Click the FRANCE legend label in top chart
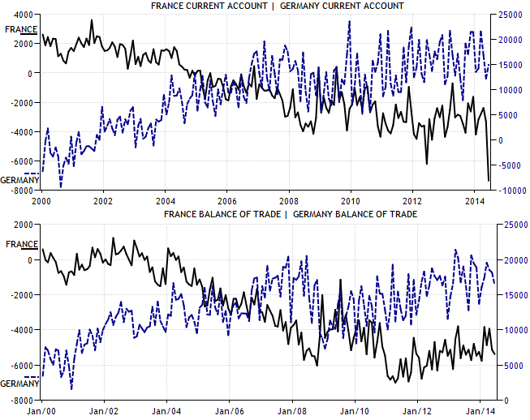click(x=20, y=29)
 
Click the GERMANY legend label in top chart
click(x=17, y=179)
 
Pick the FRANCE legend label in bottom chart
click(x=21, y=243)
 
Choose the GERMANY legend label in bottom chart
click(x=18, y=383)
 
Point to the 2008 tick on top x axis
click(x=288, y=199)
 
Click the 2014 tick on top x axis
click(x=475, y=199)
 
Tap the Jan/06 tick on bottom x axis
click(x=228, y=411)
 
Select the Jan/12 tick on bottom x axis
click(x=417, y=411)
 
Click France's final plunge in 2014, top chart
click(x=489, y=179)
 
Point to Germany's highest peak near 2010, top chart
click(x=349, y=22)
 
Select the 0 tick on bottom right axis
click(x=506, y=400)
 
